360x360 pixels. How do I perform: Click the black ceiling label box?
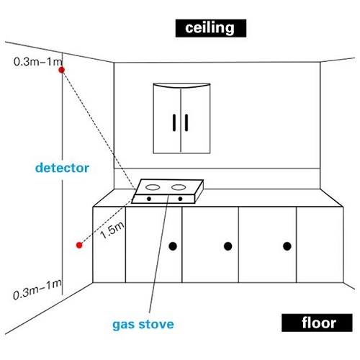211,28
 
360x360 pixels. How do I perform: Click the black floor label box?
317,323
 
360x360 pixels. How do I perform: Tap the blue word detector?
62,168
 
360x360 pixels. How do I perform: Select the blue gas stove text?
143,325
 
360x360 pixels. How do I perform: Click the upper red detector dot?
62,70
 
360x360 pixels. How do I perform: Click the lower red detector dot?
79,245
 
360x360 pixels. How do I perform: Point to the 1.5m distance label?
112,230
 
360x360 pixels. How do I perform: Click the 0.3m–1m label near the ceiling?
38,62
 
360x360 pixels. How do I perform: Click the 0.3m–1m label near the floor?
37,289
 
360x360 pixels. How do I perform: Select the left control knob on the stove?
149,199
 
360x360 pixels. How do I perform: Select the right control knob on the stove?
180,199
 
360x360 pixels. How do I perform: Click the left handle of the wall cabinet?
174,122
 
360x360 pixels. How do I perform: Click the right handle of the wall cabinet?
186,122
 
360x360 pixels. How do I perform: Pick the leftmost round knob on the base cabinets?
173,246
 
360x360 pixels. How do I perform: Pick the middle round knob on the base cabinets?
228,246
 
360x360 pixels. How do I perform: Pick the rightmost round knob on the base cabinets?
287,246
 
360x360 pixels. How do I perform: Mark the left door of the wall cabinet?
167,120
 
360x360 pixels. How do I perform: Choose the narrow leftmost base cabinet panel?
109,245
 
